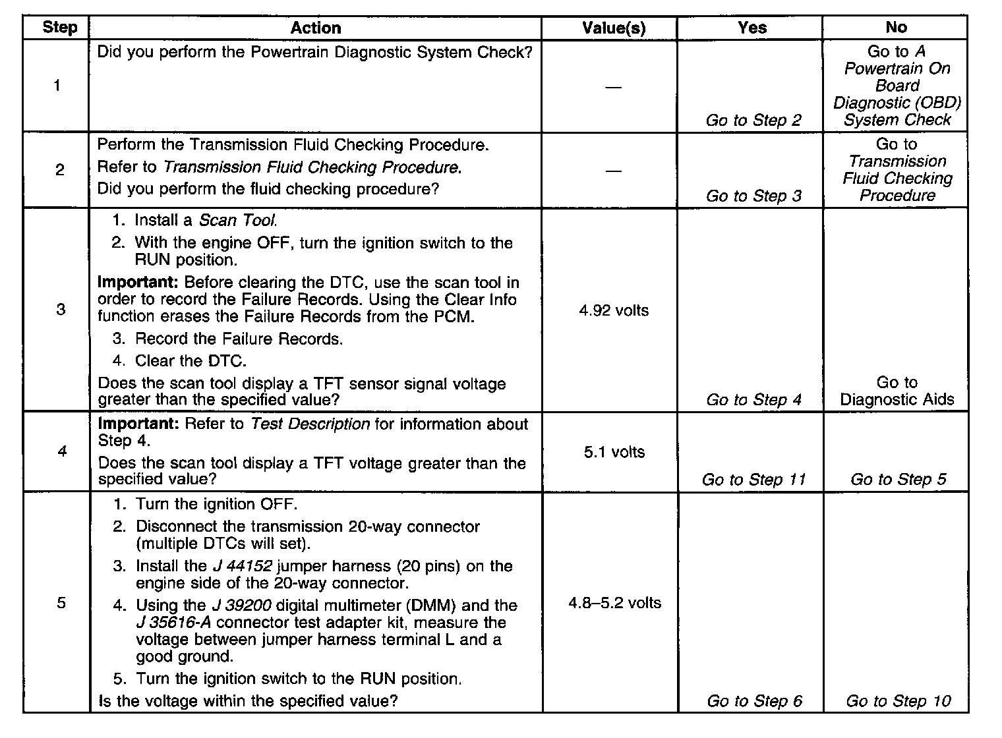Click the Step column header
(x=59, y=28)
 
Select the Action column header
(x=316, y=28)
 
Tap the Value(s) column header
(x=614, y=28)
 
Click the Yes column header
(x=752, y=28)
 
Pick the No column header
(x=897, y=28)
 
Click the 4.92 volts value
(x=614, y=310)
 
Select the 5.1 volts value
(x=614, y=452)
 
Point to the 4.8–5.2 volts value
(x=614, y=603)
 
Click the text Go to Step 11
(x=753, y=479)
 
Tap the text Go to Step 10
(x=899, y=700)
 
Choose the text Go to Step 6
(x=754, y=700)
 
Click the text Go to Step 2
(x=753, y=120)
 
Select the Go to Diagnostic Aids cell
(x=897, y=391)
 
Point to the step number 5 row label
(x=61, y=603)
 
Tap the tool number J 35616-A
(x=174, y=623)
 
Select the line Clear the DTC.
(x=191, y=360)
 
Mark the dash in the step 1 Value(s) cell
(x=613, y=87)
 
